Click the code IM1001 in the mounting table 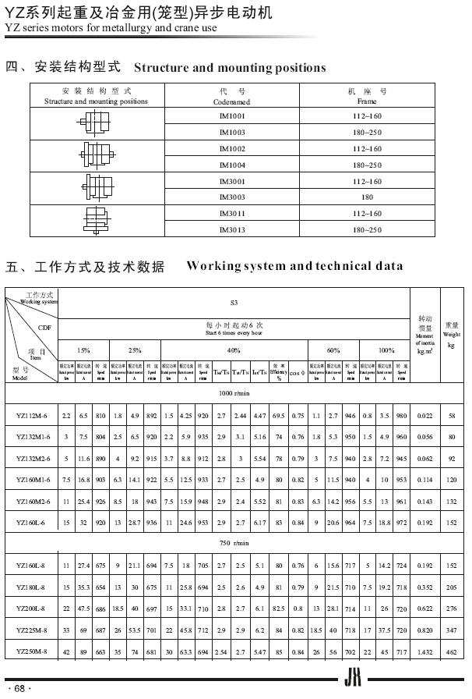point(232,116)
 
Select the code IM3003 point(232,197)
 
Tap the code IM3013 point(232,230)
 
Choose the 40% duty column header point(234,350)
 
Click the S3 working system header point(234,301)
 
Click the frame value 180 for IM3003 point(367,197)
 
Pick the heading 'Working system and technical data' point(294,266)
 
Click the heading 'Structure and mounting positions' point(230,68)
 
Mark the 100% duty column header point(386,350)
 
